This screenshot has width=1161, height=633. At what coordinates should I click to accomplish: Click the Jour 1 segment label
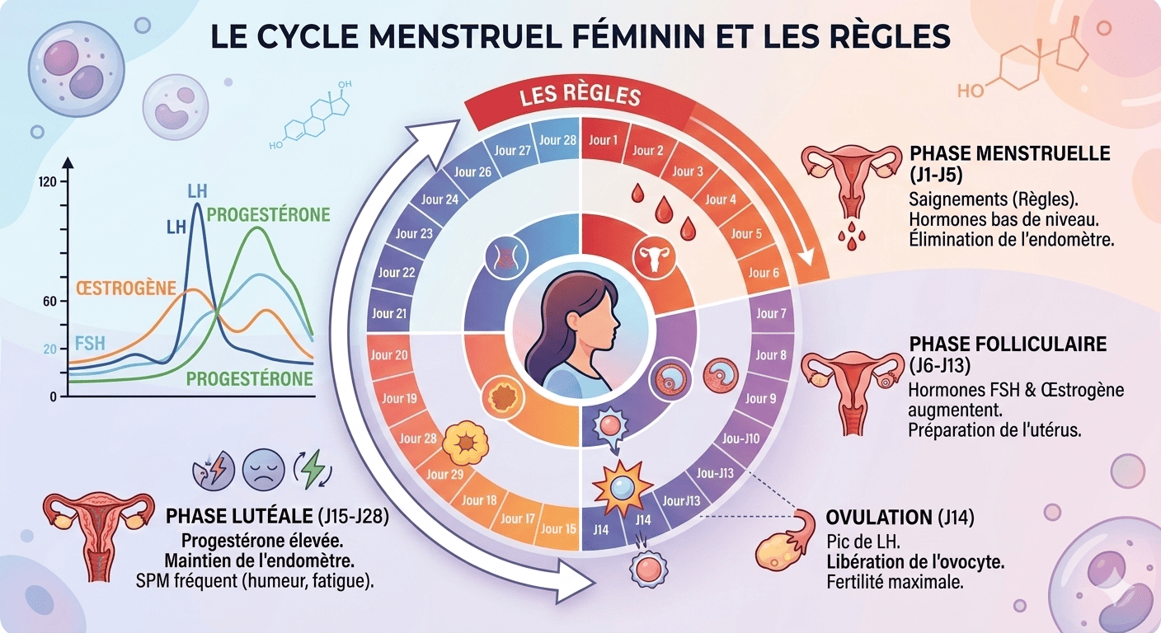pyautogui.click(x=604, y=140)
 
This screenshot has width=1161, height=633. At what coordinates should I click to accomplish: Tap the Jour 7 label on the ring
pyautogui.click(x=772, y=313)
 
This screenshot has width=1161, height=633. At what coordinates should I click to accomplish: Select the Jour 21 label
pyautogui.click(x=389, y=313)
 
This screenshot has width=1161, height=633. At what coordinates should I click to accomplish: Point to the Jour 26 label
pyautogui.click(x=472, y=171)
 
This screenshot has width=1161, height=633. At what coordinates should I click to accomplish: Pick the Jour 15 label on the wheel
pyautogui.click(x=558, y=528)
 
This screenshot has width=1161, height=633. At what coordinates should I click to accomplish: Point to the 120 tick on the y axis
pyautogui.click(x=47, y=182)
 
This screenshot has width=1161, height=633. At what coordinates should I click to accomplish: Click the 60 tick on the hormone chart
pyautogui.click(x=49, y=302)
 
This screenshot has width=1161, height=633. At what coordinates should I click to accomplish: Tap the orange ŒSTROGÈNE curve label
pyautogui.click(x=126, y=288)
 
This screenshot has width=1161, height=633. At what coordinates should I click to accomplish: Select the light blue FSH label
pyautogui.click(x=90, y=342)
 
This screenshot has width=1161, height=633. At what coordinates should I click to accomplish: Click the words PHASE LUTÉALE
pyautogui.click(x=238, y=517)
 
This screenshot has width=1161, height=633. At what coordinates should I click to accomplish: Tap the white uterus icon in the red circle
pyautogui.click(x=656, y=259)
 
